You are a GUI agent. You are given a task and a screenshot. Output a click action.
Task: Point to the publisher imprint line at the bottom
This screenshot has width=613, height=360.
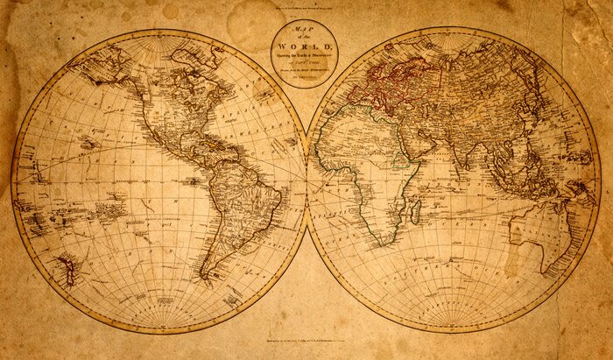point(306,340)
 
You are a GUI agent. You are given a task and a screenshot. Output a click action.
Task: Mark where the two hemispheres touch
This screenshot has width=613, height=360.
point(307,180)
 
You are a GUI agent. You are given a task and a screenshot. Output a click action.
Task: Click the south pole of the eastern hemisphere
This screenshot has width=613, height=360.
point(453,326)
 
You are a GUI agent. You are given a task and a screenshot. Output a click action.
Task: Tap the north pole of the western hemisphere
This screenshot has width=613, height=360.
point(160,33)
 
